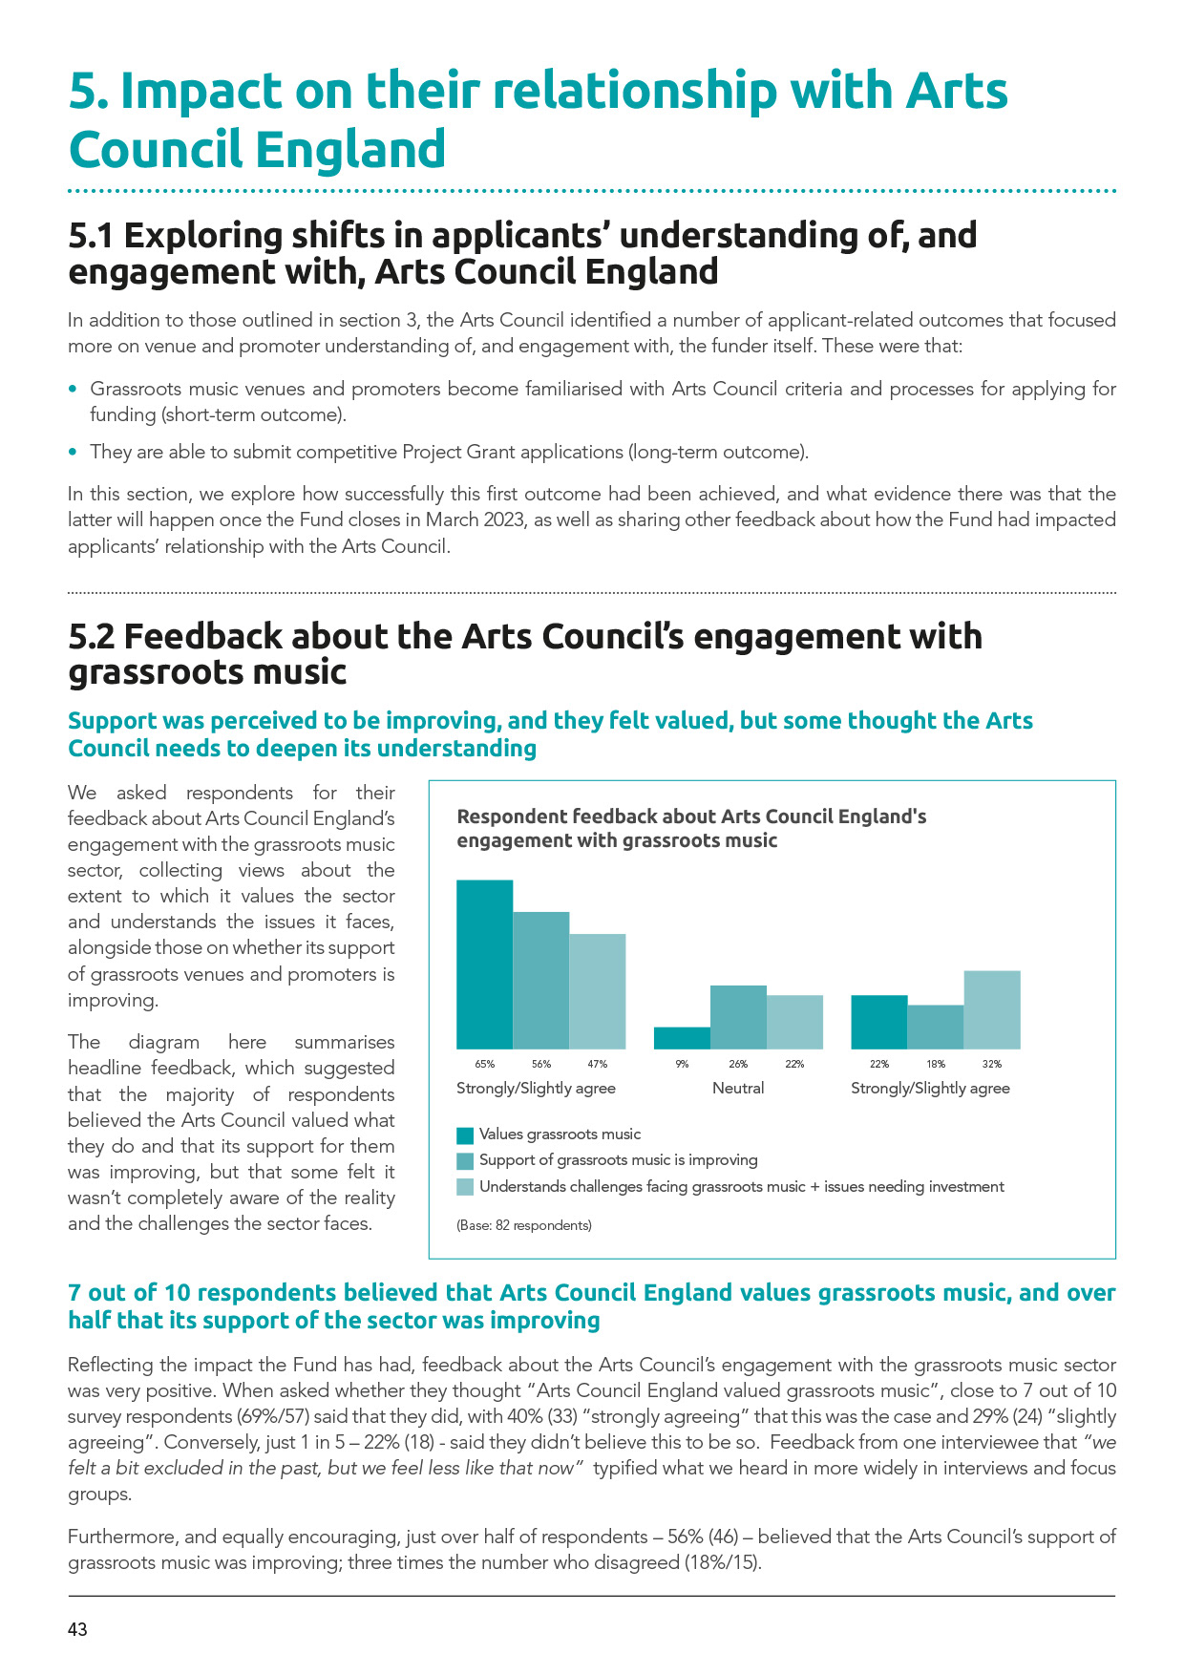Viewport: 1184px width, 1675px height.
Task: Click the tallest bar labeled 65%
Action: click(x=484, y=965)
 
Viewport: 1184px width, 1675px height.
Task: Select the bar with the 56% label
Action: click(x=541, y=981)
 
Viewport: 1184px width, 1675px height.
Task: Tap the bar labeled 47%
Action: click(x=598, y=991)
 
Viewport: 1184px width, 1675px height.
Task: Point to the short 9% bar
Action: click(x=682, y=1038)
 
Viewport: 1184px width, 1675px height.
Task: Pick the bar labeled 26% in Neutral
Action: click(x=738, y=1017)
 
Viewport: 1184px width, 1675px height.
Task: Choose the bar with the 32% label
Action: click(x=992, y=1009)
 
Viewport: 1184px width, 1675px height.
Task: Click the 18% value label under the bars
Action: click(x=936, y=1064)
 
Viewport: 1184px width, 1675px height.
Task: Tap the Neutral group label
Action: click(x=738, y=1089)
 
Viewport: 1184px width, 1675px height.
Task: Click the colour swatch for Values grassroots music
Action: click(x=465, y=1135)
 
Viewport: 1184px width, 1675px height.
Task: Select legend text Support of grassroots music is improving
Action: click(x=618, y=1160)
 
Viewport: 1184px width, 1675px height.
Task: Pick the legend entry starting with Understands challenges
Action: click(x=741, y=1187)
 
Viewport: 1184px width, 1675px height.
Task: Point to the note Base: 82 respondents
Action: click(x=524, y=1225)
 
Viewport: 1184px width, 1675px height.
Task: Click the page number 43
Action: click(x=77, y=1630)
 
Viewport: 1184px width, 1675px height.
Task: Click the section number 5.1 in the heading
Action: click(x=92, y=236)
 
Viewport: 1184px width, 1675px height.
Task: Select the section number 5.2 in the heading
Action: click(x=92, y=637)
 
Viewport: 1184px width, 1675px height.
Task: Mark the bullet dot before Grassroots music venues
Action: click(x=74, y=390)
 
